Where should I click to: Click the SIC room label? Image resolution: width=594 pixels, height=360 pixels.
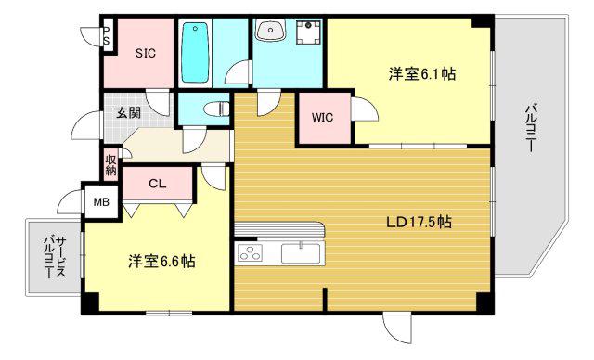click(146, 53)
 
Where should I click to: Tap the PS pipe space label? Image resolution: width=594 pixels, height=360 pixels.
click(107, 35)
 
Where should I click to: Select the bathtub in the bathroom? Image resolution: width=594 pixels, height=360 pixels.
click(195, 52)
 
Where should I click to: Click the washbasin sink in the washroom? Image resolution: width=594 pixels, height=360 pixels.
click(270, 30)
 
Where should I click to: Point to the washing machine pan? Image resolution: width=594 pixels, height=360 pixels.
click(308, 32)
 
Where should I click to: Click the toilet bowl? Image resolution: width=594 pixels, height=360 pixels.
click(216, 109)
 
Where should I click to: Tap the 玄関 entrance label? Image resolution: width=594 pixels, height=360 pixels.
click(128, 112)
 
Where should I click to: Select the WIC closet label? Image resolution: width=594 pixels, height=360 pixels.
click(322, 117)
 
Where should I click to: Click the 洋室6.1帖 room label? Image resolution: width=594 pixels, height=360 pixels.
click(421, 74)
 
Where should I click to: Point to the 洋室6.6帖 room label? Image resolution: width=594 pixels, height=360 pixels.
click(161, 262)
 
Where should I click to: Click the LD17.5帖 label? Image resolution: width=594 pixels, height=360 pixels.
click(419, 222)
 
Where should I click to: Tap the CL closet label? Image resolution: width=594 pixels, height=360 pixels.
click(157, 184)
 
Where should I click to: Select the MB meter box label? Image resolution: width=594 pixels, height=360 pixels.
click(101, 202)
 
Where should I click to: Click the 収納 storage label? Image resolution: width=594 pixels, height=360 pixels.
click(111, 165)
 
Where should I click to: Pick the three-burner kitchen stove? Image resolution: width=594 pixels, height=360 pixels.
click(250, 253)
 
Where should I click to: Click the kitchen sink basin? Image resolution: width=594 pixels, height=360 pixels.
click(301, 253)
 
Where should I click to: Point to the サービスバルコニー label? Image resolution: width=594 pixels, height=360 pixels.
click(55, 257)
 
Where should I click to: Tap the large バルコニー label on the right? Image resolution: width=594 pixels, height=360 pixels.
click(530, 130)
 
